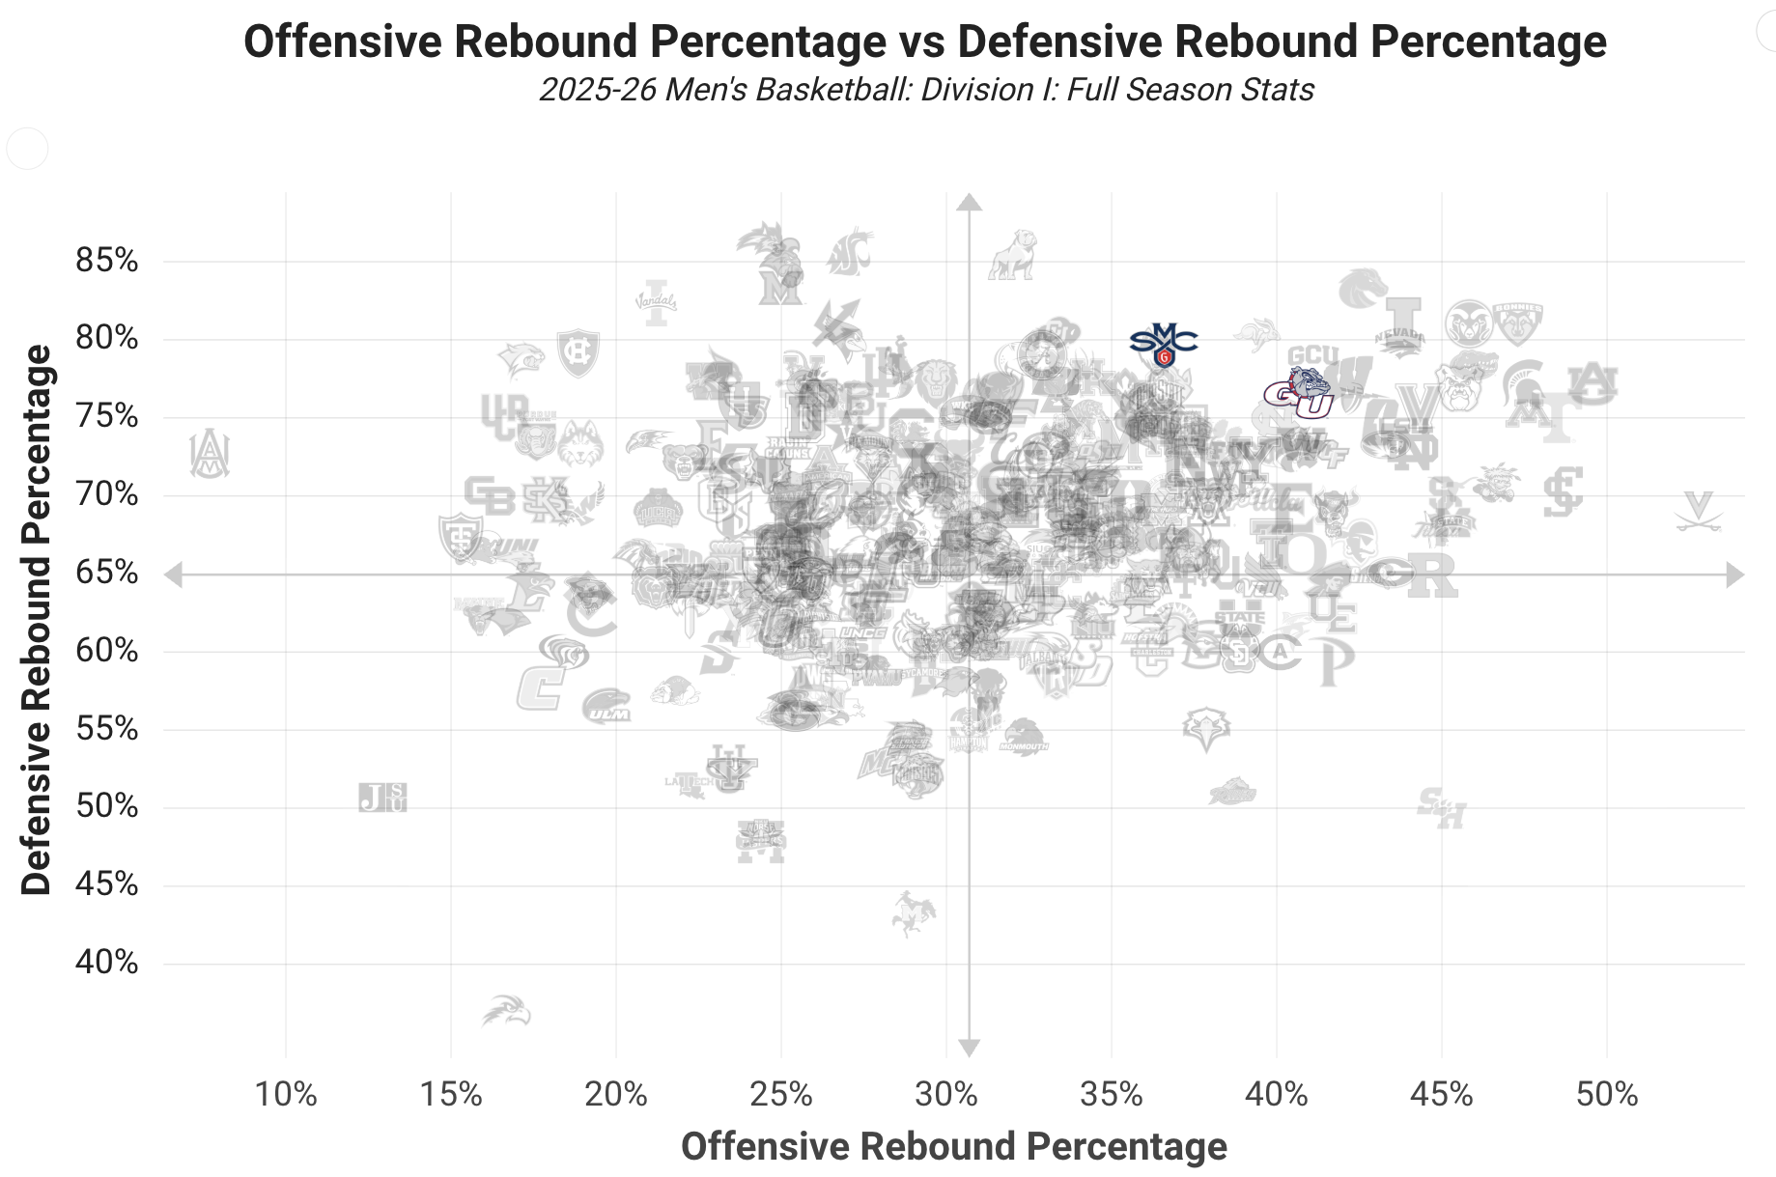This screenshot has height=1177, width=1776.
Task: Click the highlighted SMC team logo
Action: (1164, 344)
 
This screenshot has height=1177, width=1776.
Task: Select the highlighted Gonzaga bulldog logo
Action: (1299, 393)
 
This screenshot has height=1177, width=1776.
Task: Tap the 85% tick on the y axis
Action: (107, 261)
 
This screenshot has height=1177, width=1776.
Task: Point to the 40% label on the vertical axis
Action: (107, 963)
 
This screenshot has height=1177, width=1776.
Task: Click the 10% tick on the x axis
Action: (286, 1094)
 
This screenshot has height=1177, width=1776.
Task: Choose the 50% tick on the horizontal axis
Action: (1606, 1094)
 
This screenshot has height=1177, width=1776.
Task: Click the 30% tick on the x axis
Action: (946, 1094)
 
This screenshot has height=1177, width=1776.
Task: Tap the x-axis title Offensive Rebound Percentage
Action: (953, 1146)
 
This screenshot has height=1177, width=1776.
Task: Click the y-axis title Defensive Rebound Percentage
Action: (37, 620)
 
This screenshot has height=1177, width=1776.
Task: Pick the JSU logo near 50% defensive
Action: (382, 798)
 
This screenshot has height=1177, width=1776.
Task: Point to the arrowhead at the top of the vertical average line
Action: (969, 202)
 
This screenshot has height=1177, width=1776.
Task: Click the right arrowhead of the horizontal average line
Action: (1734, 575)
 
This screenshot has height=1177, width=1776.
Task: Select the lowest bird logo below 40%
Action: (508, 1011)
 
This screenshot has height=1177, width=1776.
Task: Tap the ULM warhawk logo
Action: (606, 706)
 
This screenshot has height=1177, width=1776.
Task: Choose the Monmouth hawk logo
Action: (1023, 737)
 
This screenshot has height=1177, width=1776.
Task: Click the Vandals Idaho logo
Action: (657, 302)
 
